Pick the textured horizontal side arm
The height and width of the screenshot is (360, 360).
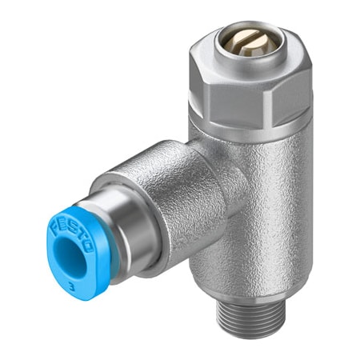pyautogui.click(x=160, y=192)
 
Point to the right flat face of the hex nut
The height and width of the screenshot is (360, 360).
pyautogui.click(x=297, y=76)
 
